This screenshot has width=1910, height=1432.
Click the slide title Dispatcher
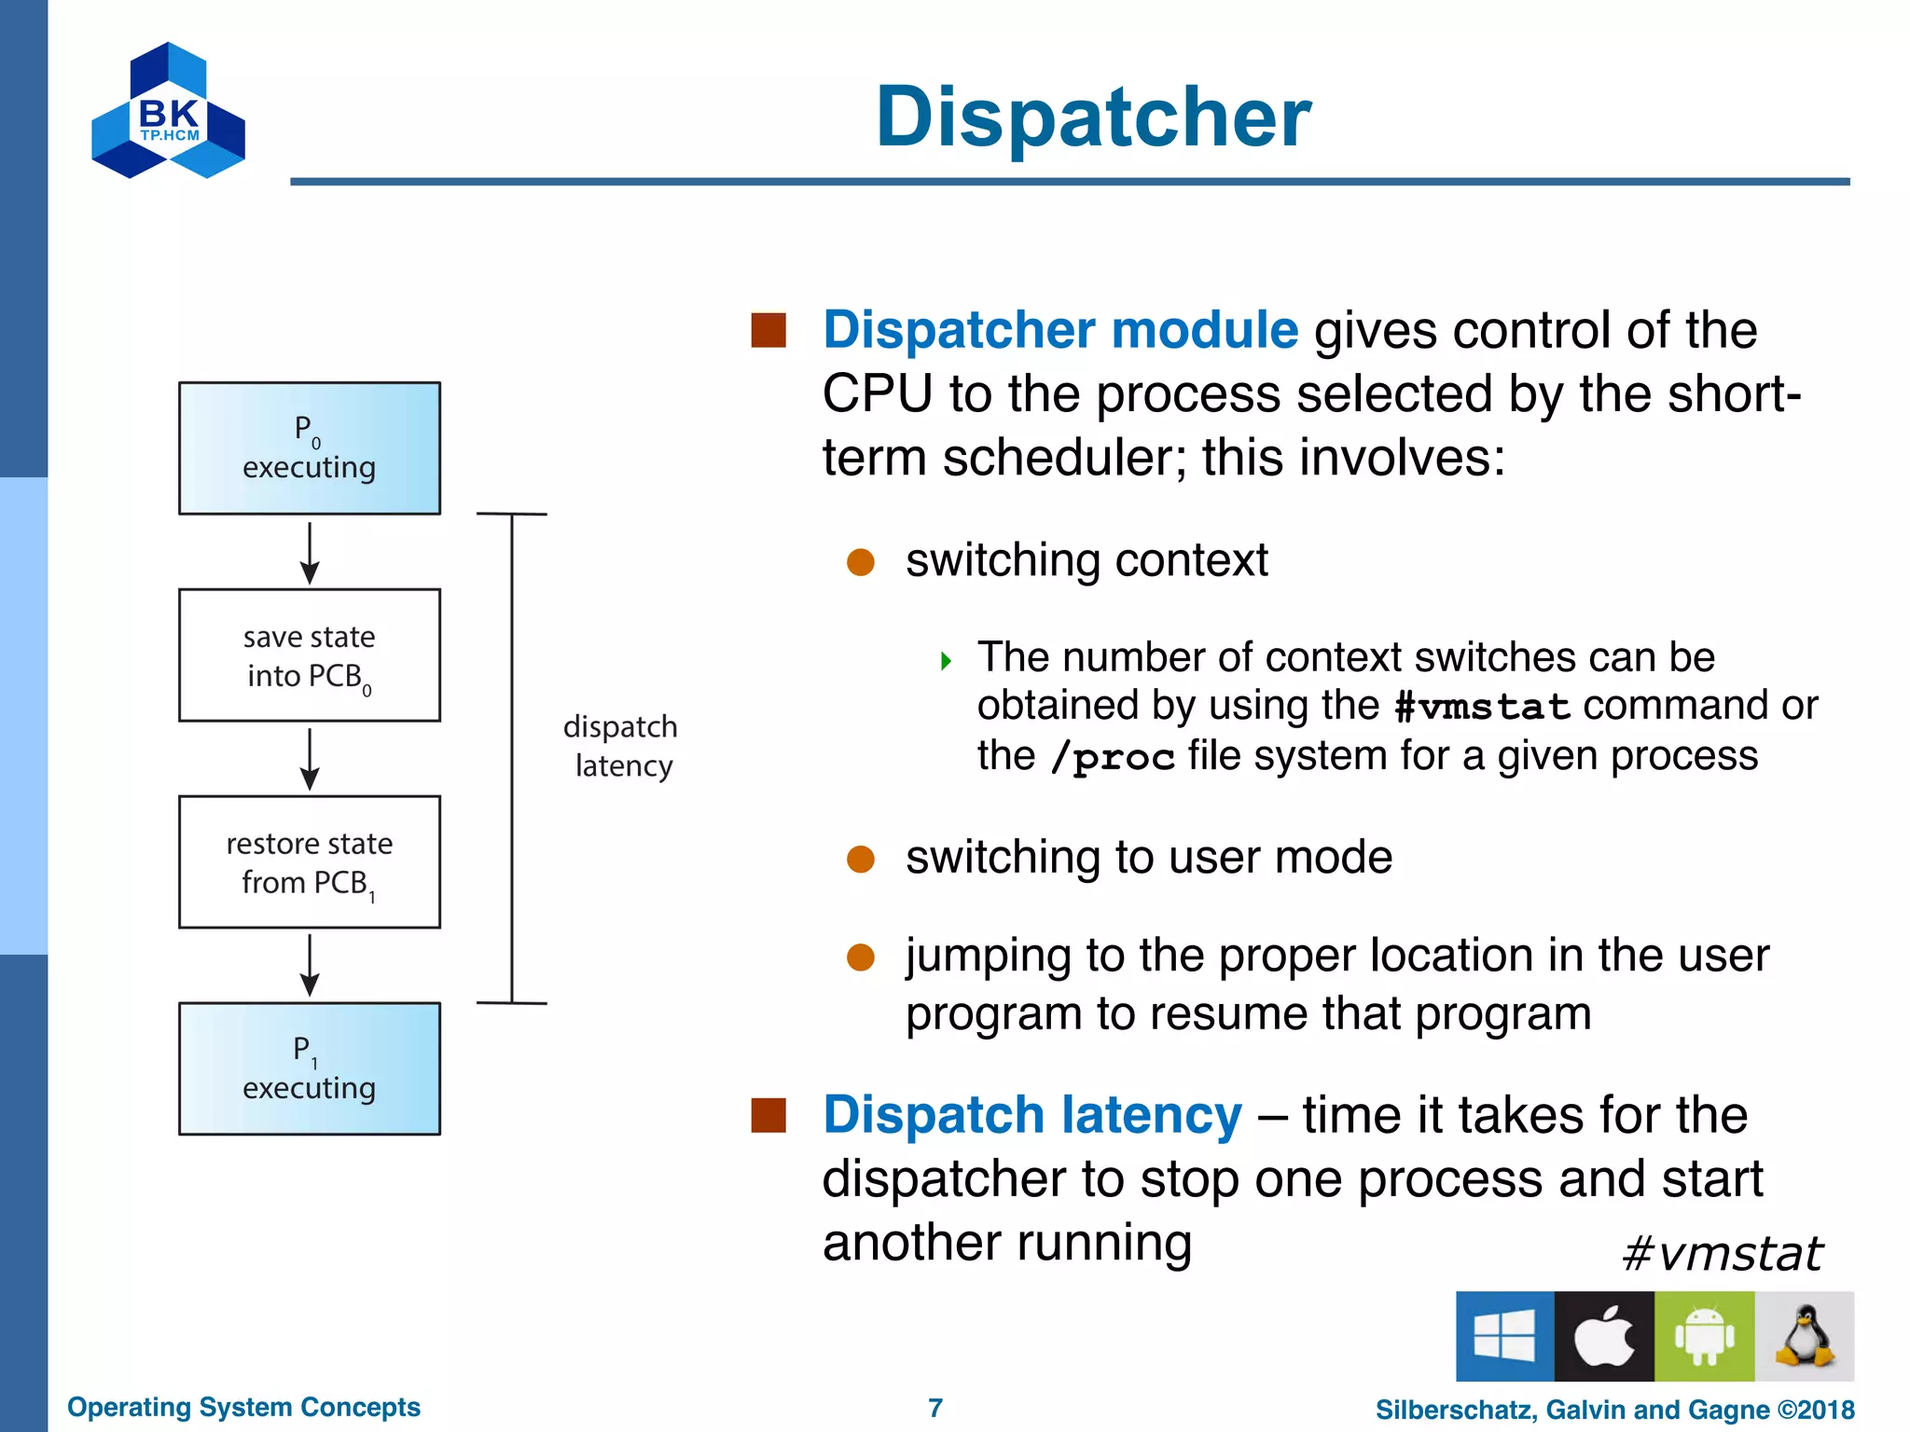(x=1093, y=117)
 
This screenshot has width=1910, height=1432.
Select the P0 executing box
(x=310, y=448)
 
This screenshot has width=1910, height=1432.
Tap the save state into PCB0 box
(x=310, y=655)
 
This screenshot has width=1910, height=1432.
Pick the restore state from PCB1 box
(x=310, y=862)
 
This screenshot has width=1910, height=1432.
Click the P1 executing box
(x=310, y=1068)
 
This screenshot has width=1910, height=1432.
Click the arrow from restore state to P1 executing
(x=310, y=966)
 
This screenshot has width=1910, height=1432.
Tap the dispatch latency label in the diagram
(x=621, y=746)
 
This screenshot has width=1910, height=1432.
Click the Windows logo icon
(x=1504, y=1336)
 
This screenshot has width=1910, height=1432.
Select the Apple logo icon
(x=1604, y=1336)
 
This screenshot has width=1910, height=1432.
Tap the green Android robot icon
(x=1704, y=1336)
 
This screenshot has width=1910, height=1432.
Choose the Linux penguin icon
(x=1804, y=1336)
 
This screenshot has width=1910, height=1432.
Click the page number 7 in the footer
(x=935, y=1408)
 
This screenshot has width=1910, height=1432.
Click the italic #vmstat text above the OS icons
(x=1721, y=1254)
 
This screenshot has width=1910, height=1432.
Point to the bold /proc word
(x=1112, y=757)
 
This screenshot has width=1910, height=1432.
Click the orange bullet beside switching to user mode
(x=860, y=859)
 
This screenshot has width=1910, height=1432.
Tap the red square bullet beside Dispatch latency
(x=768, y=1115)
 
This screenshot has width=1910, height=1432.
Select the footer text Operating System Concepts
(x=243, y=1407)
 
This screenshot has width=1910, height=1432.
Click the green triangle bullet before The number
(x=947, y=662)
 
